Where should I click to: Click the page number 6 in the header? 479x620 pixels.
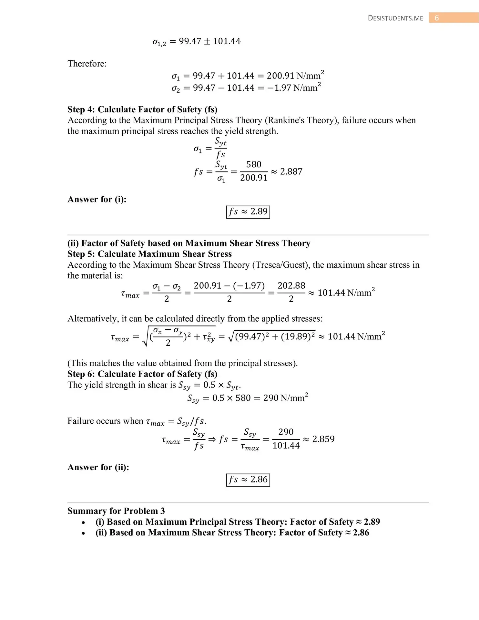(x=437, y=18)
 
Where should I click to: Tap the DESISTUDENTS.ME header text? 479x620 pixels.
(x=395, y=18)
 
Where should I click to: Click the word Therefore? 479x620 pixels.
(x=87, y=64)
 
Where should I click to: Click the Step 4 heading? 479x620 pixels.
(x=142, y=109)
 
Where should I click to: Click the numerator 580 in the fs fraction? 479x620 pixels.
(x=254, y=164)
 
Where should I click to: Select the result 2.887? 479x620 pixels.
(x=291, y=171)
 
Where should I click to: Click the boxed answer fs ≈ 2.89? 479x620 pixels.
(x=248, y=212)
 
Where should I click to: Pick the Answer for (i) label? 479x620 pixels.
(x=97, y=199)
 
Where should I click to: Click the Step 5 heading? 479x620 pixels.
(x=149, y=254)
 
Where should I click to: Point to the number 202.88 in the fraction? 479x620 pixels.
(x=291, y=285)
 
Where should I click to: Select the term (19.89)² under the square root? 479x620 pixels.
(x=298, y=336)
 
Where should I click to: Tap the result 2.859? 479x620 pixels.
(x=323, y=439)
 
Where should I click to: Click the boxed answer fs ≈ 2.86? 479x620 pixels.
(x=248, y=480)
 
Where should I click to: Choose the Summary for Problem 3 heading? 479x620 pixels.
(x=116, y=511)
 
